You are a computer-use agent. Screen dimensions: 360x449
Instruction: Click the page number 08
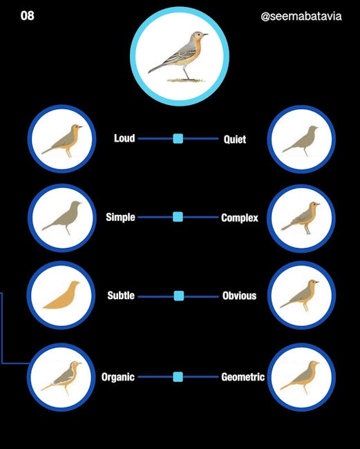pos(27,15)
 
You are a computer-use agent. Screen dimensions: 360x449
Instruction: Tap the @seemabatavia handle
pos(301,17)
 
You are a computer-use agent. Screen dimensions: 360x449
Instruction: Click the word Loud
pos(124,138)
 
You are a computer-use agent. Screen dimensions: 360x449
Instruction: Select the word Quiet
pos(235,140)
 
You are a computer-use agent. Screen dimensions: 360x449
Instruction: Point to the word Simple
pos(120,218)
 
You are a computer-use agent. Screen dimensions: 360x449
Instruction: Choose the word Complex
pos(240,218)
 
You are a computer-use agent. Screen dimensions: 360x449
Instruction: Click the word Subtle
pos(121,296)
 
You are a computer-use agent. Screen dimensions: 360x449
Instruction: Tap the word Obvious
pos(240,296)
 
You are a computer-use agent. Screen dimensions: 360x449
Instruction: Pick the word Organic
pos(118,377)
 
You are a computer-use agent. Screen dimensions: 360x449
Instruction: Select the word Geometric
pos(243,377)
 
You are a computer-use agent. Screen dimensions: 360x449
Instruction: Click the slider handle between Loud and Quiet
pos(178,139)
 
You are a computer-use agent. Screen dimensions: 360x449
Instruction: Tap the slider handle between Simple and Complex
pos(178,217)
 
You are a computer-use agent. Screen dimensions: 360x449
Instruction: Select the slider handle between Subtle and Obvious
pos(179,296)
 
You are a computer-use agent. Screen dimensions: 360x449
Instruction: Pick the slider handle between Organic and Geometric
pos(178,377)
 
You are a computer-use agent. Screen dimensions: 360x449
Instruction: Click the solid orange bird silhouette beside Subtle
pos(61,295)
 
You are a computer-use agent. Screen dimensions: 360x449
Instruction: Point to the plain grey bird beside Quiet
pos(301,140)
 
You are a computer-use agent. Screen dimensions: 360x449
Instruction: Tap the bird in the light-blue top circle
pos(179,56)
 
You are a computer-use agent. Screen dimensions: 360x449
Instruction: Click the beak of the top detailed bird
pos(205,35)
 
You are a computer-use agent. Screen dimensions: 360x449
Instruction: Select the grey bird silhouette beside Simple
pos(62,218)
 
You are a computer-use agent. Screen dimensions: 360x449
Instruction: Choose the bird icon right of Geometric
pos(300,377)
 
